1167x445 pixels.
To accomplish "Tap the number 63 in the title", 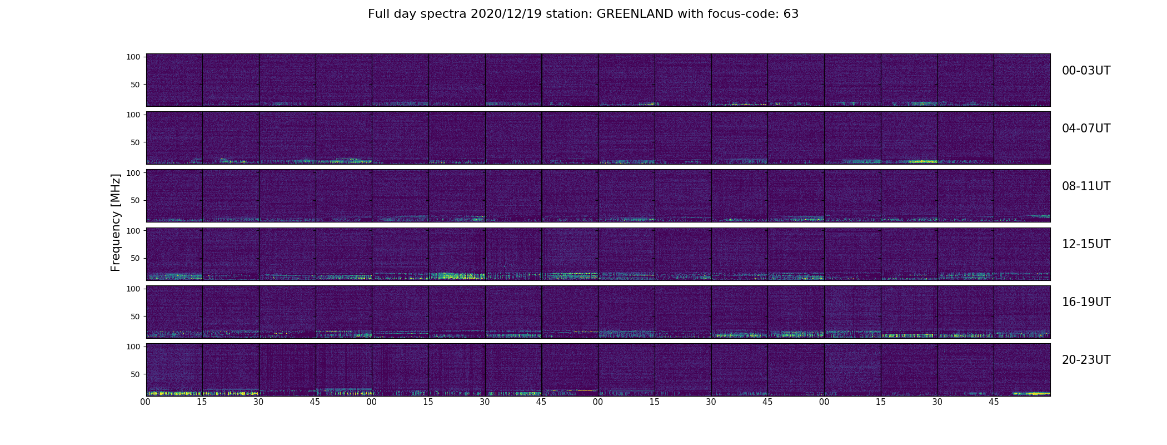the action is pyautogui.click(x=791, y=14).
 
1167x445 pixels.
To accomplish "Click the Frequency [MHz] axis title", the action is pyautogui.click(x=116, y=222).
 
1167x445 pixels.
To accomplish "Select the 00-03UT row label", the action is pyautogui.click(x=1086, y=71).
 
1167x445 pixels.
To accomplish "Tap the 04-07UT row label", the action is pyautogui.click(x=1086, y=128).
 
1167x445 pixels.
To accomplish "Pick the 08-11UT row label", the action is pyautogui.click(x=1086, y=186).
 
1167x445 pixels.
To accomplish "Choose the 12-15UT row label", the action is pyautogui.click(x=1086, y=244).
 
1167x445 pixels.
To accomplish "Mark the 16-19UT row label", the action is pyautogui.click(x=1086, y=302).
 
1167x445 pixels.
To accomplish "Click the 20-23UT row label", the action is pyautogui.click(x=1086, y=360).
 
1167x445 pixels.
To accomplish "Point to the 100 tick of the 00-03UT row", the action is pyautogui.click(x=134, y=57).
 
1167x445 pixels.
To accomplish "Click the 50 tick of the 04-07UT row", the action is pyautogui.click(x=136, y=142).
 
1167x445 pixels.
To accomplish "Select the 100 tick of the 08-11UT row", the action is pyautogui.click(x=134, y=173).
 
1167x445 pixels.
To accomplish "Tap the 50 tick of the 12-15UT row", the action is pyautogui.click(x=136, y=259).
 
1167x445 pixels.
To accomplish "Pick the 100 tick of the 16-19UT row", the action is pyautogui.click(x=134, y=289).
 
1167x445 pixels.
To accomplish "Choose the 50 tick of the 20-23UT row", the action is pyautogui.click(x=136, y=374).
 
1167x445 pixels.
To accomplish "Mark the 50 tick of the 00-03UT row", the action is pyautogui.click(x=136, y=85).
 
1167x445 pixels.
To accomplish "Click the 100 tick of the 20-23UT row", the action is pyautogui.click(x=134, y=347).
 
